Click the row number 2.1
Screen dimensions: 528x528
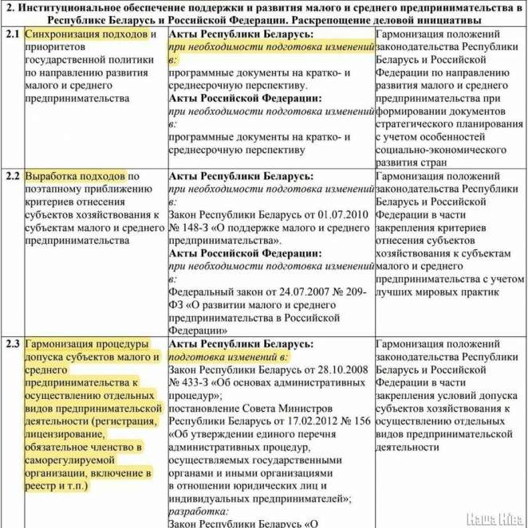click(x=10, y=36)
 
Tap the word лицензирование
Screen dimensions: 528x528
click(x=63, y=434)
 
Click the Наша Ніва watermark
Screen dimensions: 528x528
click(x=495, y=517)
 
